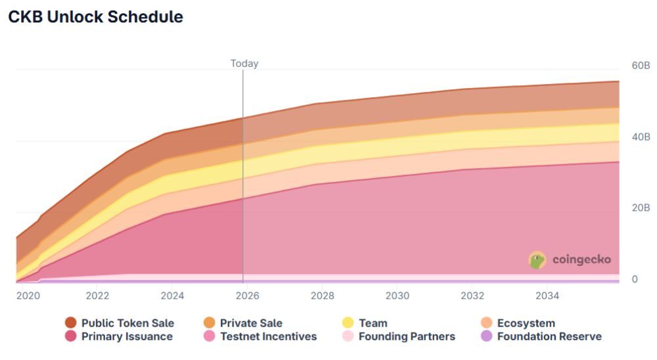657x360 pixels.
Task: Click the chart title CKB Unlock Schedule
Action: point(95,18)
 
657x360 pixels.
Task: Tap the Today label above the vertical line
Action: point(244,64)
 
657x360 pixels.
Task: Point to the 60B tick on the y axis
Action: point(641,66)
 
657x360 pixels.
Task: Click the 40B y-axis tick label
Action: point(641,137)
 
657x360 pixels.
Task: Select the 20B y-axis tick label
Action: point(641,208)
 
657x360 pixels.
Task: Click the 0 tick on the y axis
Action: point(635,279)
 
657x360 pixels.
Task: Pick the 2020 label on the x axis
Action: point(28,296)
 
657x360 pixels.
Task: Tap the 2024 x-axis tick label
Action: point(172,296)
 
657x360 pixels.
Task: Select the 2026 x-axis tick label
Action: point(247,296)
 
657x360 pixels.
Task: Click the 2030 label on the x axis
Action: point(397,296)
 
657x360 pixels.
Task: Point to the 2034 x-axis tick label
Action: point(547,296)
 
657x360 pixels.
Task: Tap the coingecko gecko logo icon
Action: point(537,260)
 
